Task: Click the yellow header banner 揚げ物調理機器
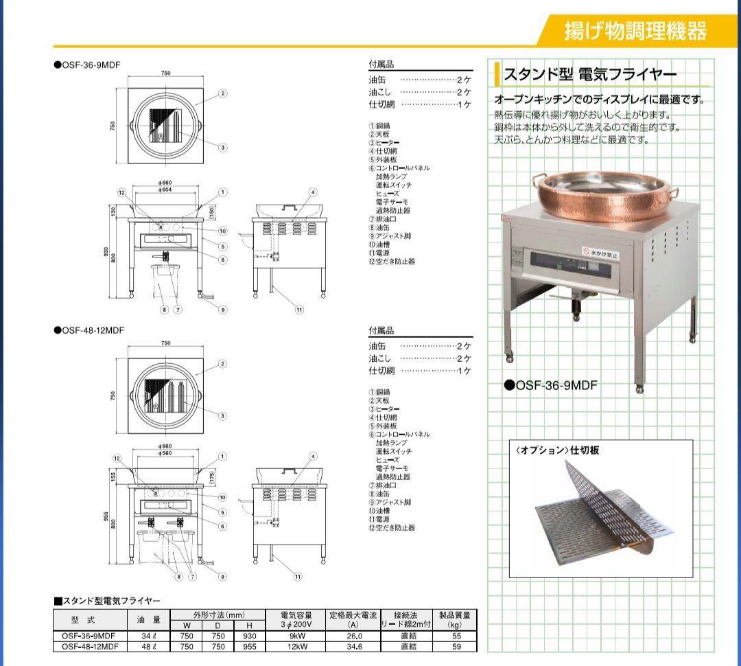[635, 31]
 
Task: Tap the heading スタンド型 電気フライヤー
[590, 74]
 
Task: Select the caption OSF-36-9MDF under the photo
[550, 385]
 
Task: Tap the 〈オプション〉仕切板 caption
[556, 450]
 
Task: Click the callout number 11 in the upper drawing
[299, 310]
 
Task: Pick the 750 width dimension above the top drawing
[166, 73]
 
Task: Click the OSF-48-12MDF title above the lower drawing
[93, 330]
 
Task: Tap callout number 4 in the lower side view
[313, 456]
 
